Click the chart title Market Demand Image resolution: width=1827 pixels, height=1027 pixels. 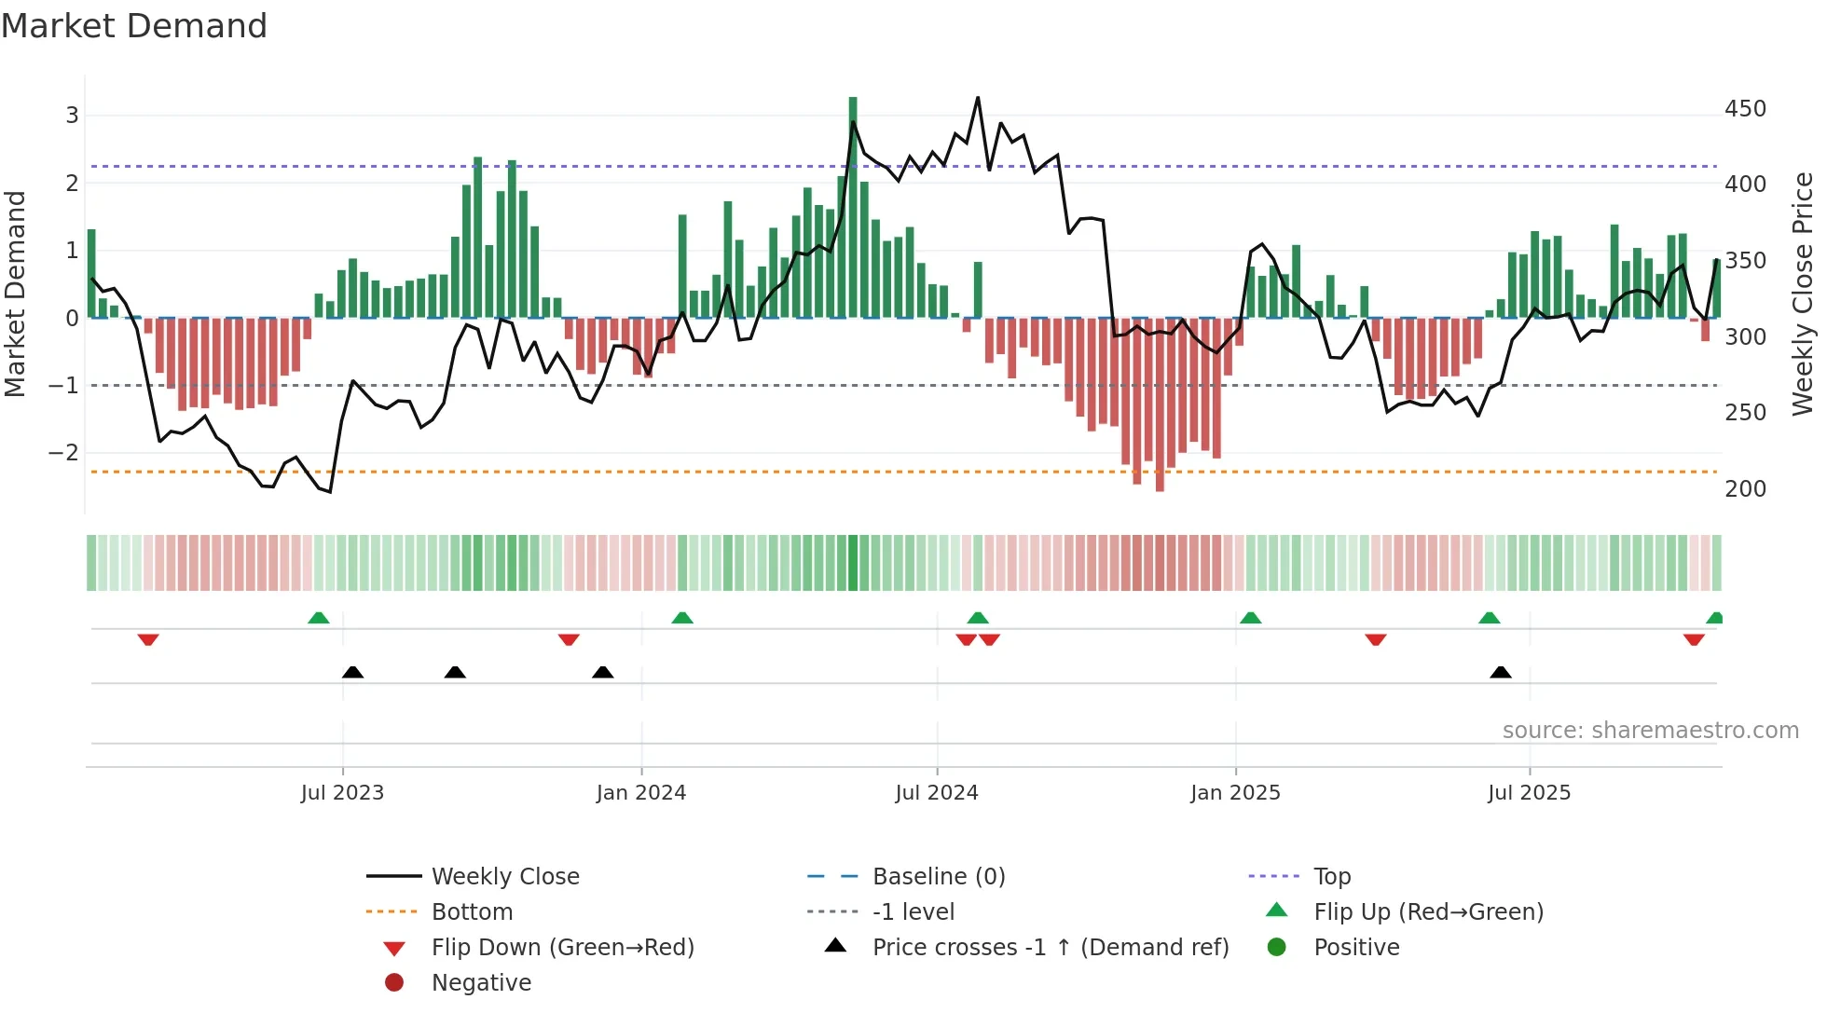[x=134, y=26]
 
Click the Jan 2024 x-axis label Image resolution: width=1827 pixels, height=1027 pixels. [x=641, y=793]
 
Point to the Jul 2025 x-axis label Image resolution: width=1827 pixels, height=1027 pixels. [x=1529, y=793]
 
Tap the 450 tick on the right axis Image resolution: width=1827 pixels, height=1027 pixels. [x=1745, y=109]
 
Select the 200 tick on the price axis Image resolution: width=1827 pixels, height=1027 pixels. [x=1745, y=489]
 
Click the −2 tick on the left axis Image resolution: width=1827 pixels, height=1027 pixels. [x=63, y=453]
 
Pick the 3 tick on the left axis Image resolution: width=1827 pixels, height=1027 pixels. [x=72, y=116]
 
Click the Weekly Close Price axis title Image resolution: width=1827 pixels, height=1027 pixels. [x=1803, y=294]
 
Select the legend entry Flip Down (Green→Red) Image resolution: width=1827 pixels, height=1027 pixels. [x=562, y=948]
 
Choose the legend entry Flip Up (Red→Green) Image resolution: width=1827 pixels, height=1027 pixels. [x=1428, y=912]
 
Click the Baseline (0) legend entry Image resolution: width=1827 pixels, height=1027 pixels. [x=938, y=877]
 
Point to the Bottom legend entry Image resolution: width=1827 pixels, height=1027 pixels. [x=472, y=912]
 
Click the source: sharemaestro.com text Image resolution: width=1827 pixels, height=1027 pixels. [x=1650, y=731]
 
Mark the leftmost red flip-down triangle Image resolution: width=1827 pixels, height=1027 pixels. [x=148, y=639]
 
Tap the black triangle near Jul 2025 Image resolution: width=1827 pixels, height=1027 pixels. [x=1501, y=672]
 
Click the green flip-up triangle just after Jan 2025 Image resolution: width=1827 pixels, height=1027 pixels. [x=1251, y=618]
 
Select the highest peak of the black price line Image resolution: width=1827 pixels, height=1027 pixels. [x=978, y=98]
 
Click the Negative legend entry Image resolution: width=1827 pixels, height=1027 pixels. [x=481, y=983]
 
